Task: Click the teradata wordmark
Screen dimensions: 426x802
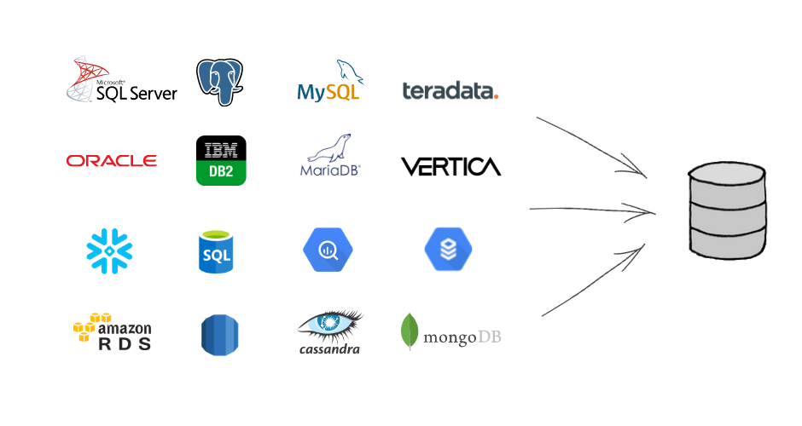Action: (448, 90)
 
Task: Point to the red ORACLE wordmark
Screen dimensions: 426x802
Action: (112, 161)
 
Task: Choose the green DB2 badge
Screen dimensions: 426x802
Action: (221, 171)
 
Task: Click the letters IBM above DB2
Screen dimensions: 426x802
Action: (221, 150)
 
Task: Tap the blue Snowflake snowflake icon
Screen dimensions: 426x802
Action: (110, 250)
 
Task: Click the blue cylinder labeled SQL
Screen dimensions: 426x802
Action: (216, 251)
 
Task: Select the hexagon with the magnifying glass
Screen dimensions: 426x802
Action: (327, 250)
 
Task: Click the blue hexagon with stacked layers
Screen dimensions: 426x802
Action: (448, 250)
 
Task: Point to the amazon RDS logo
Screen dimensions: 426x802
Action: (112, 332)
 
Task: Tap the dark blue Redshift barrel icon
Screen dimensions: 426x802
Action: (219, 334)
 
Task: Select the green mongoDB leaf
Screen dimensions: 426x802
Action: (410, 332)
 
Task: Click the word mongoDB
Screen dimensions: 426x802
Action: (463, 337)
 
